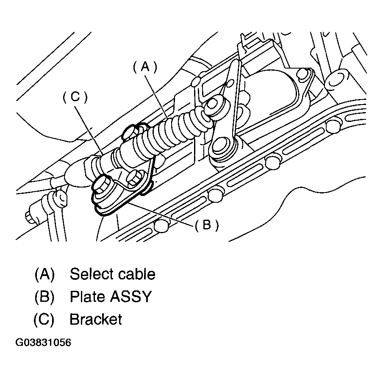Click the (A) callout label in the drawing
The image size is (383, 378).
145,66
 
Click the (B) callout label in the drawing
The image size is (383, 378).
206,225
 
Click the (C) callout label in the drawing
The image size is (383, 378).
75,97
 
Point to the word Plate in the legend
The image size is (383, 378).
86,297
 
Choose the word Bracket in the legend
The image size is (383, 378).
96,319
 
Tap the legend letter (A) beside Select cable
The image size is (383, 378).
44,274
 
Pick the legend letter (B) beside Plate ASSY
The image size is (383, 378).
44,297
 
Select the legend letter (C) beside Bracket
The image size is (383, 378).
44,319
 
